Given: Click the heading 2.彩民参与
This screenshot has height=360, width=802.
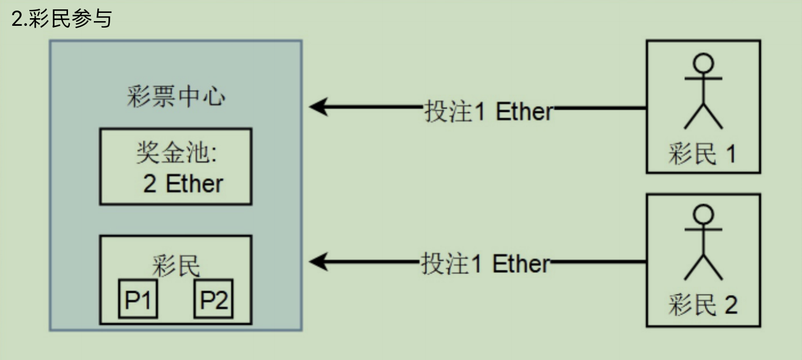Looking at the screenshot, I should (x=61, y=19).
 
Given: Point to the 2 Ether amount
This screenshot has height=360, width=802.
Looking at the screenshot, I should (x=183, y=184).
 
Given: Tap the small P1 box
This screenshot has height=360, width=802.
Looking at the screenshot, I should (x=138, y=300).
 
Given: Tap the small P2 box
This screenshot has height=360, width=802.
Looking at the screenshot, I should (x=213, y=300).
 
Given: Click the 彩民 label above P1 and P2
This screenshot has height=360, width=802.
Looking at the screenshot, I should (x=176, y=267).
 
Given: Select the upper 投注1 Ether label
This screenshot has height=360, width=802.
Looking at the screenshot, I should (x=488, y=111).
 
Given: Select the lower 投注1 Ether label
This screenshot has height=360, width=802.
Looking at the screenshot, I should (x=485, y=264).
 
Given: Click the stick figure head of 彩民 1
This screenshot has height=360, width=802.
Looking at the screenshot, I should (x=703, y=62).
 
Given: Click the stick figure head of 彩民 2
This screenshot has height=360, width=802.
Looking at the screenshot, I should (x=703, y=214).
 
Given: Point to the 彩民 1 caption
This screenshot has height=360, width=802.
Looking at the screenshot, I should (x=702, y=154).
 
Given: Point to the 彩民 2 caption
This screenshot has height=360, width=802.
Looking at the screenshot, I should (x=702, y=305).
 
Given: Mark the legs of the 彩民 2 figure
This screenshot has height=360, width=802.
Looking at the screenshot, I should (x=703, y=269).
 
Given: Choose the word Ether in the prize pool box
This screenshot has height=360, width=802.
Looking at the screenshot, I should (x=195, y=184).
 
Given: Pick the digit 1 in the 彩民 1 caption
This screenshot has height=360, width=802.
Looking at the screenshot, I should (x=730, y=154).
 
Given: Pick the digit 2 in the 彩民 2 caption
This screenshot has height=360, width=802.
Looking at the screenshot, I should (x=730, y=305).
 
